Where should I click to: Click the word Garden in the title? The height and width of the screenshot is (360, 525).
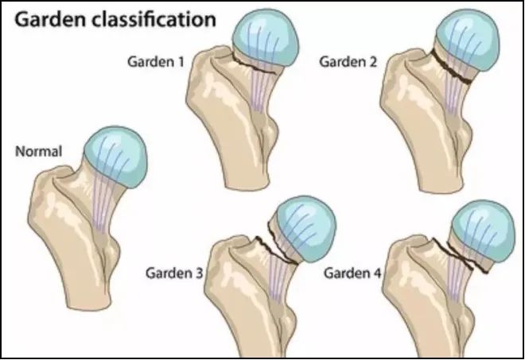point(50,20)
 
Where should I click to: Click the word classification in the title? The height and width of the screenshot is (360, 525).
point(154,20)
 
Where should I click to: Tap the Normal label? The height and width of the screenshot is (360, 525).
point(39,152)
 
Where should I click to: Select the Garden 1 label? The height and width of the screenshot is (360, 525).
point(156,62)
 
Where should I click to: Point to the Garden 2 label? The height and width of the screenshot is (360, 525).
point(348,62)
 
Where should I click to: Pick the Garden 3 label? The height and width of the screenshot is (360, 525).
point(174,273)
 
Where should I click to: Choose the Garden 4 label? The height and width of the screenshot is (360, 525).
point(352,273)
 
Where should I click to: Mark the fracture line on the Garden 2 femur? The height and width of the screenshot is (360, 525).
point(451,67)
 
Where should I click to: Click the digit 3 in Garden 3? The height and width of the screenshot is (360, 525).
point(199,273)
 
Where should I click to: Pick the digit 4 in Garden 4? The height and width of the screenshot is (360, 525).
point(377,273)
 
